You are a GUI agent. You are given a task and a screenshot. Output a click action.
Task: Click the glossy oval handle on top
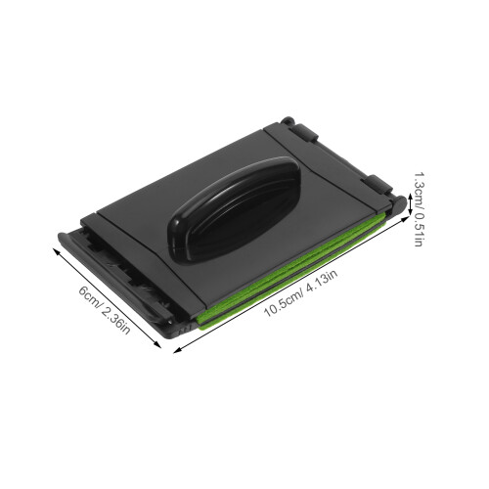coord(235,208)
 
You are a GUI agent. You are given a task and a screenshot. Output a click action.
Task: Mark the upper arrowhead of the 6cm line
coord(56,251)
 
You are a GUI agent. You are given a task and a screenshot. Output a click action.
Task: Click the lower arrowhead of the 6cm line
coord(158,345)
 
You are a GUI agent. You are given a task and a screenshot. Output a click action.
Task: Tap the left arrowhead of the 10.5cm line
coord(176,351)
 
